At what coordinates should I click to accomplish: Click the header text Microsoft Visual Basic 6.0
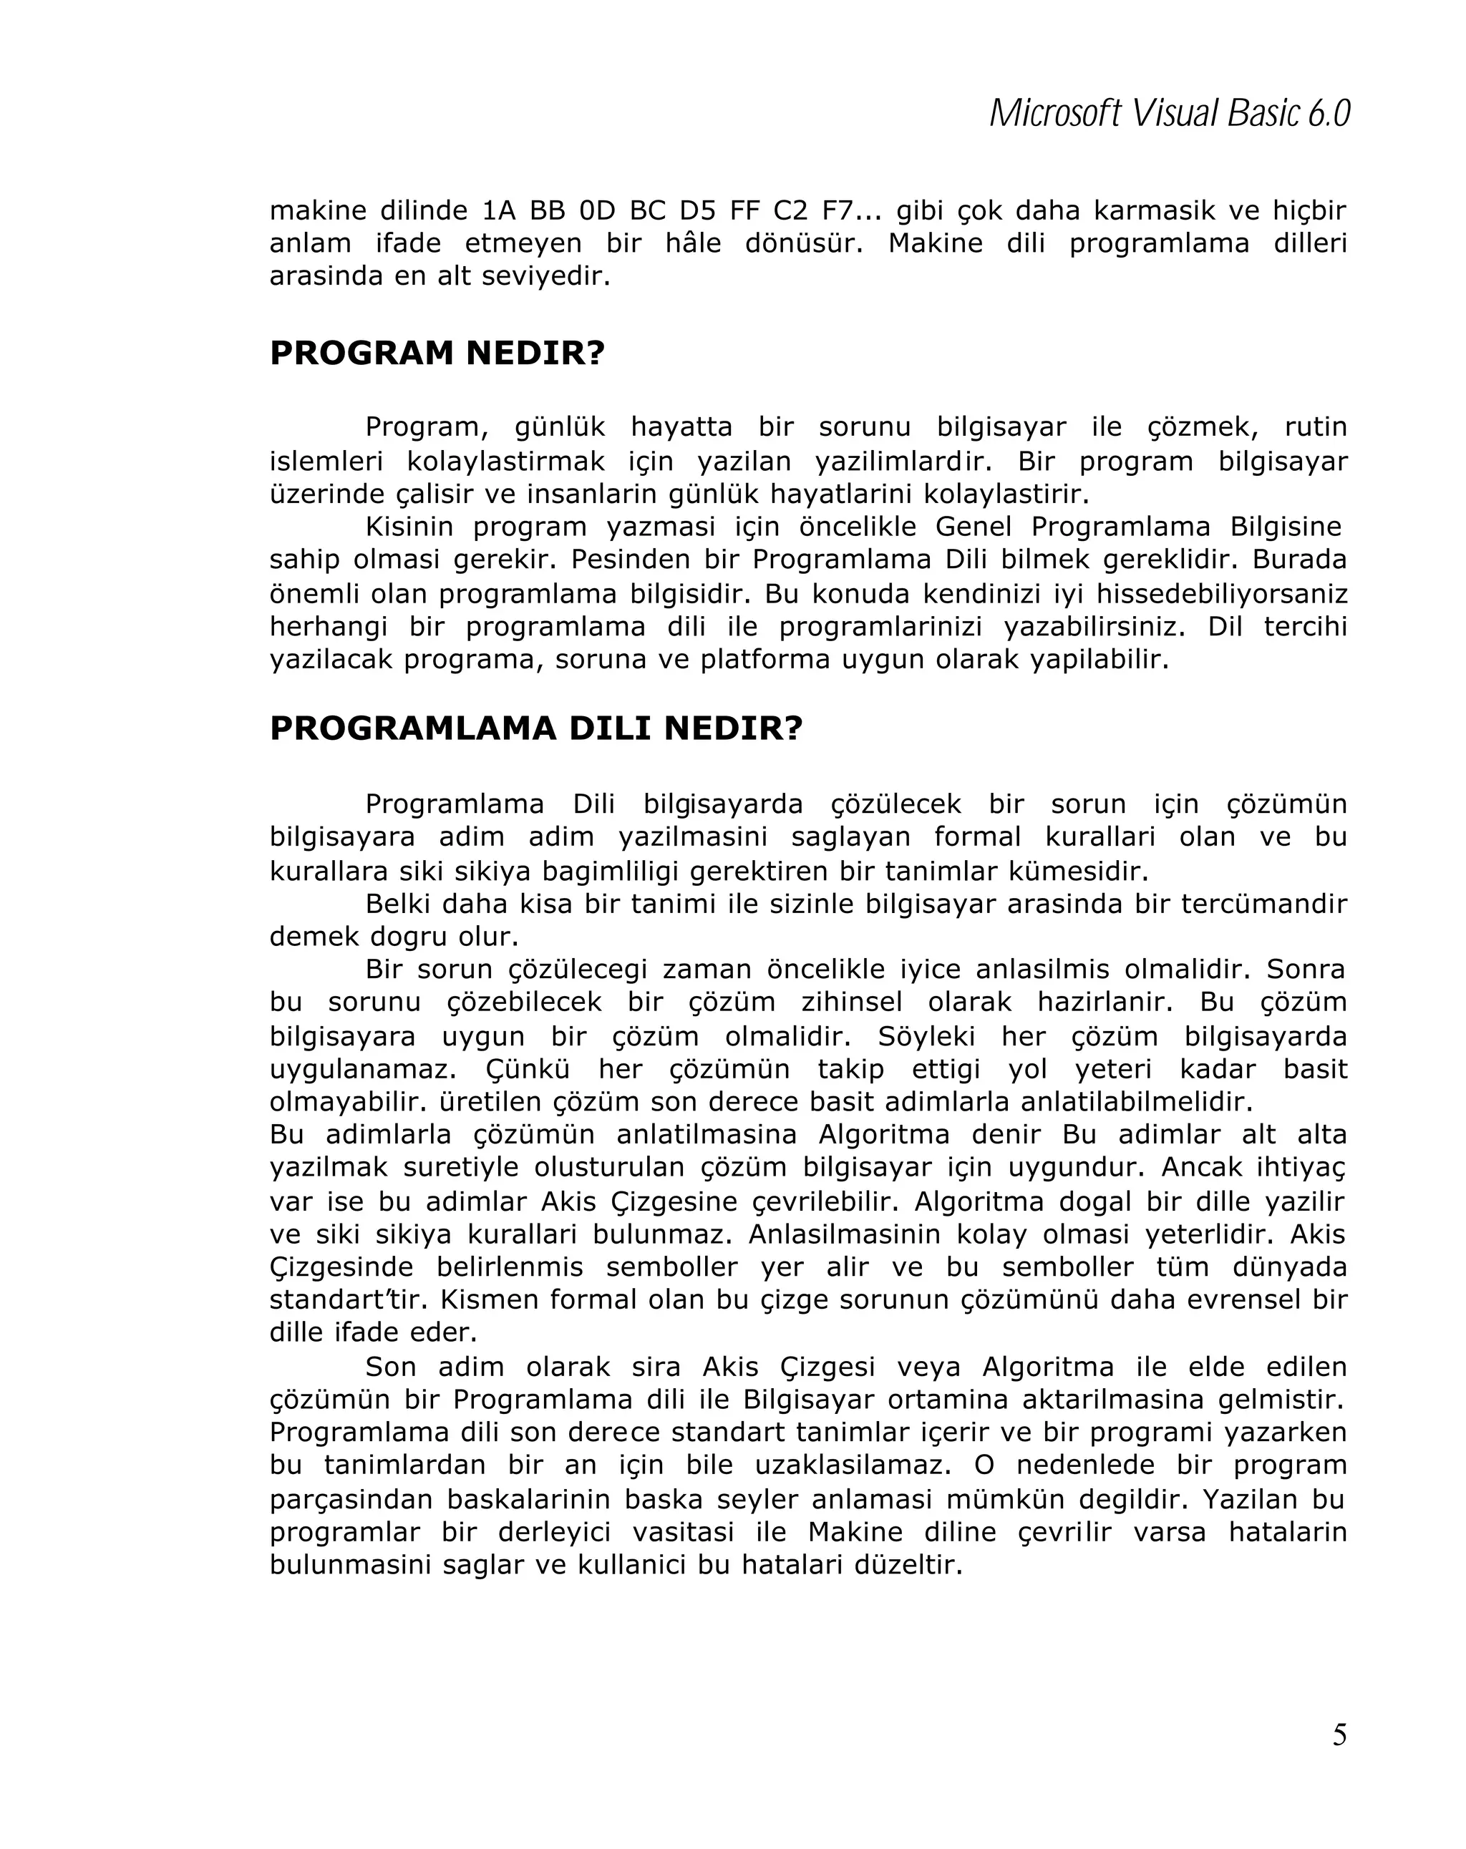[1169, 114]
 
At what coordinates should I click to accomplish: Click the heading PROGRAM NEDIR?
[437, 353]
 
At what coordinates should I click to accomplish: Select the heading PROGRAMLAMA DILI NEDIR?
[535, 729]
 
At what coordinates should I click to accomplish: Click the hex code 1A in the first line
[498, 211]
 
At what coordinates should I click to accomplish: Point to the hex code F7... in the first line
[852, 211]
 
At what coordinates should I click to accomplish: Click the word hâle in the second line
[693, 243]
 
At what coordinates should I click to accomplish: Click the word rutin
[1315, 427]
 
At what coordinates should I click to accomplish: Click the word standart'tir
[347, 1299]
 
